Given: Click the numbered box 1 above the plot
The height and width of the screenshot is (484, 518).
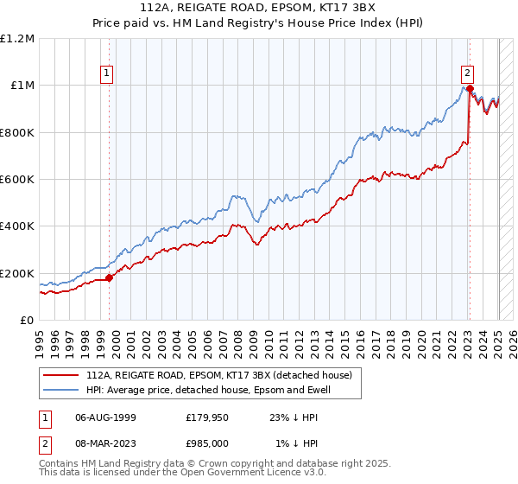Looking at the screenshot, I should point(106,73).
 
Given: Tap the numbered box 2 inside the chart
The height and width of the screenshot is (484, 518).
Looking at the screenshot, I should point(466,73).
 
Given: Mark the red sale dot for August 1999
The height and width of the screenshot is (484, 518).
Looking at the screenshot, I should point(110,278).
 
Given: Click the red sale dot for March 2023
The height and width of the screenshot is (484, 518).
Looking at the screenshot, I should point(469,88).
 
